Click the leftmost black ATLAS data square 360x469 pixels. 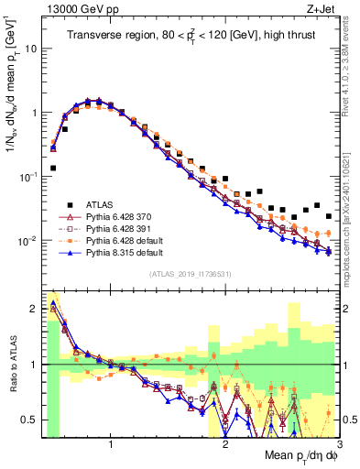click(53, 169)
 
